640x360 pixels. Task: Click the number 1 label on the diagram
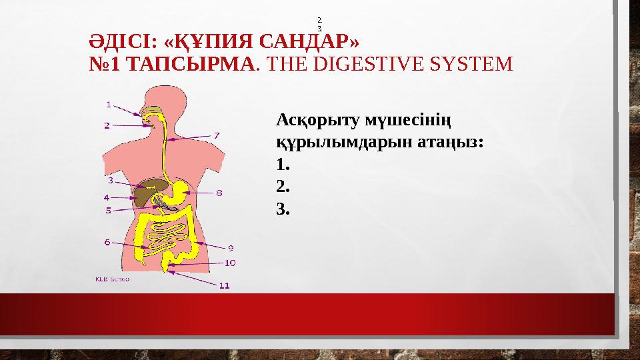109,104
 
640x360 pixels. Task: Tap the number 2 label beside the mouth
107,125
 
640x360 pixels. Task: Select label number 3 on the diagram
110,180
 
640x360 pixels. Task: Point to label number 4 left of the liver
107,197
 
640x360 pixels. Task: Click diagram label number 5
108,211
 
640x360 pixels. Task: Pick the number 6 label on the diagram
107,243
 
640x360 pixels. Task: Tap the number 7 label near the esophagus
217,135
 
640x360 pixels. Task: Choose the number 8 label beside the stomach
219,193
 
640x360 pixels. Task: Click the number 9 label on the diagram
231,248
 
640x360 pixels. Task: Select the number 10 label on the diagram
229,263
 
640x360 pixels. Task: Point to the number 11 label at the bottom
225,285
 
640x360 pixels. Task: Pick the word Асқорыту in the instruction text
318,121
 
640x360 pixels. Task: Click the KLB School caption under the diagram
112,279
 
